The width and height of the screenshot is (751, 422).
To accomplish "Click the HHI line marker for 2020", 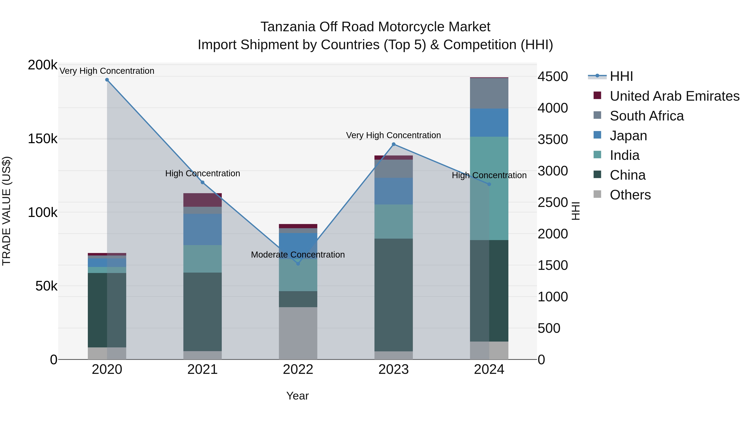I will (107, 80).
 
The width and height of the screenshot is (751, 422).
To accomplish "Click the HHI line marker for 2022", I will (298, 264).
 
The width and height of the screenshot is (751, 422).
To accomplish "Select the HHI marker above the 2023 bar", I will (394, 144).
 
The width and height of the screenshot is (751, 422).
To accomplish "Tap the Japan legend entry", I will (628, 136).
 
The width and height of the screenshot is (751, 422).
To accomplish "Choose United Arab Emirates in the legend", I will (674, 96).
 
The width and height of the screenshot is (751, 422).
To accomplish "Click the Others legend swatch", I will (597, 194).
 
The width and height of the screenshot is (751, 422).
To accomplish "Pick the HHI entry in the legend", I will (621, 76).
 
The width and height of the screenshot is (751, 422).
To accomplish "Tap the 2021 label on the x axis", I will (202, 369).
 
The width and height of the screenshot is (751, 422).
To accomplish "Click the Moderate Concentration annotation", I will (298, 254).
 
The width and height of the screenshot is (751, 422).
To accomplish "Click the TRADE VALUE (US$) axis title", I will (6, 211).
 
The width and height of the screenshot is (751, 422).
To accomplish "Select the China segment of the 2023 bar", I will (394, 295).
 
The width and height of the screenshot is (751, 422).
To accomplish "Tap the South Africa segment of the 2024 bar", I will (489, 93).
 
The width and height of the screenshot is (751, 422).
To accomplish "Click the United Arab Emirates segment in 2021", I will (202, 200).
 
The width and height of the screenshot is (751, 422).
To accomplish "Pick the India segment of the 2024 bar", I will (489, 188).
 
